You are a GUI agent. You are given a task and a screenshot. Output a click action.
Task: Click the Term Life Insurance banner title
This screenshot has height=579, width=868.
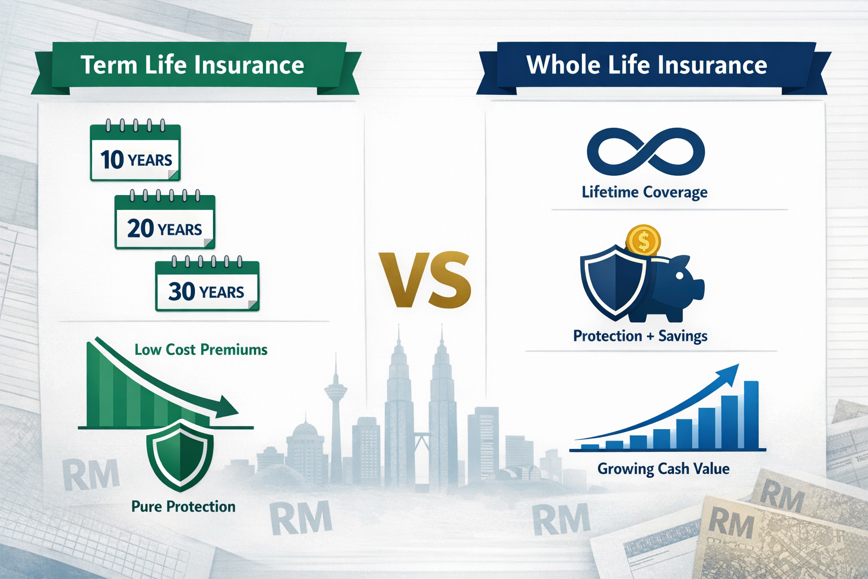(192, 65)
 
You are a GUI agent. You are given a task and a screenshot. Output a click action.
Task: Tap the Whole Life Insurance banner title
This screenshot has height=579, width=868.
(646, 65)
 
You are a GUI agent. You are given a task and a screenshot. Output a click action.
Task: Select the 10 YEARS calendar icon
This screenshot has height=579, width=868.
(135, 153)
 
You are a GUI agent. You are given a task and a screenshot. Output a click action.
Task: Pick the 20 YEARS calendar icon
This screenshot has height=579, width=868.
(164, 222)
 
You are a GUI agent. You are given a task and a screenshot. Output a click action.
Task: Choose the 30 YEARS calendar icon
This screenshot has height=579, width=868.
(207, 286)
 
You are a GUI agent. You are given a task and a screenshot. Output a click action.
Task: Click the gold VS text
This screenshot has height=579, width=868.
(424, 280)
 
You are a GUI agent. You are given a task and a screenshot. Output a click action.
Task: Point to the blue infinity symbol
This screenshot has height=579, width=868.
(645, 152)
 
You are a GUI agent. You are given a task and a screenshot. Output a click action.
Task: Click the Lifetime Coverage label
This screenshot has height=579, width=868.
(644, 192)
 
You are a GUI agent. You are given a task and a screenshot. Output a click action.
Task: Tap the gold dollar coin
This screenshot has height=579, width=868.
(643, 241)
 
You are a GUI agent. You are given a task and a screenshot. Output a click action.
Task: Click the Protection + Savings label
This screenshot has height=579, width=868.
(640, 336)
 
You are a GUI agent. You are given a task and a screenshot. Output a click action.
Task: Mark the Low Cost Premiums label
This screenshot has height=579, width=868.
(201, 349)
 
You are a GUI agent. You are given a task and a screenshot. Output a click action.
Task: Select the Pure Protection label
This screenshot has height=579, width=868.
(183, 506)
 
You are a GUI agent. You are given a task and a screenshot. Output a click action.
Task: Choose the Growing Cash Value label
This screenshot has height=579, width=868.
(663, 469)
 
